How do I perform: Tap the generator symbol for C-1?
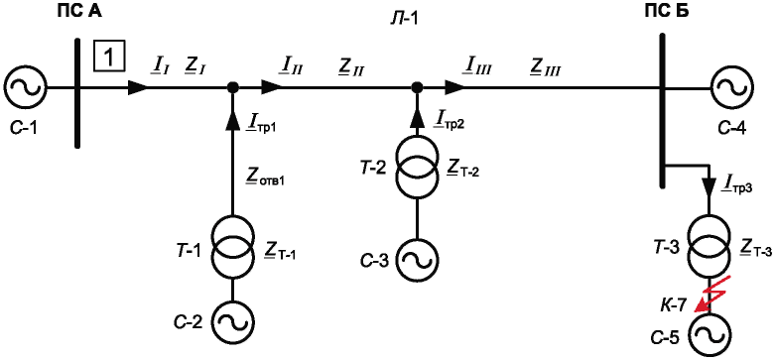(x=25, y=88)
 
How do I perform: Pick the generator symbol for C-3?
(x=418, y=260)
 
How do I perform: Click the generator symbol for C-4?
(x=730, y=88)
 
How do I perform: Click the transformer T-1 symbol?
(x=233, y=246)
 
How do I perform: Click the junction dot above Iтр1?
(x=233, y=88)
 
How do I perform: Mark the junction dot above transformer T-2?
(x=418, y=88)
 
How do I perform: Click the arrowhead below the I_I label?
(x=138, y=88)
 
